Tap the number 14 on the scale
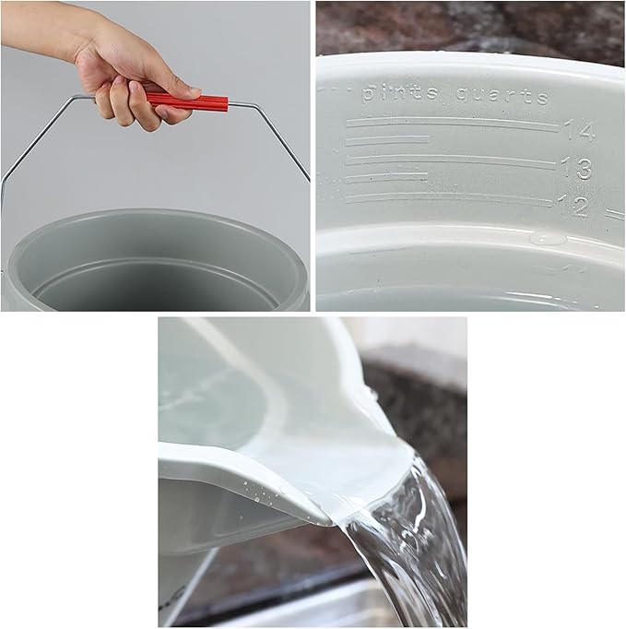580,130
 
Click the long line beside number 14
452,123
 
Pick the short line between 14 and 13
388,140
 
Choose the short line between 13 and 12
387,177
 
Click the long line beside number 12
449,196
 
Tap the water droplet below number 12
548,237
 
